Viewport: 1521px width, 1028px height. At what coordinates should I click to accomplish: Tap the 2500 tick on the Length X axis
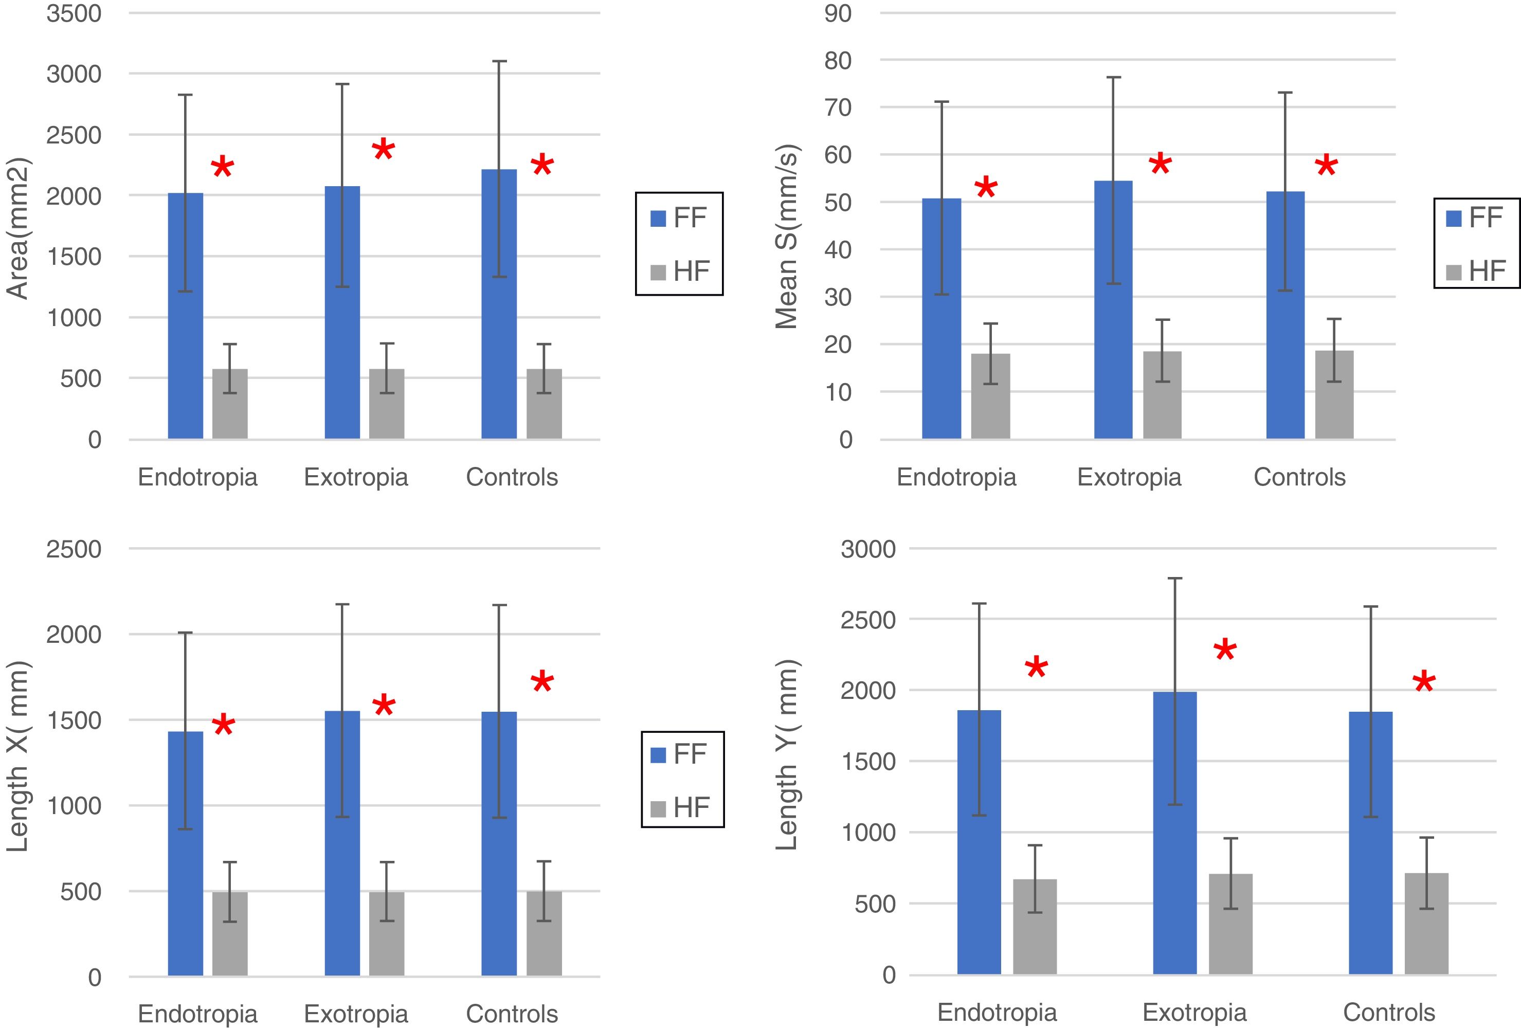74,549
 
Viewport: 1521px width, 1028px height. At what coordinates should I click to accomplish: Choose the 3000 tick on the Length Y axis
868,549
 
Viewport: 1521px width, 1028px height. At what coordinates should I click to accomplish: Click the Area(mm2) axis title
17,228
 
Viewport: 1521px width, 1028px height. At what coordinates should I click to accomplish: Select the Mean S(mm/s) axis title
787,236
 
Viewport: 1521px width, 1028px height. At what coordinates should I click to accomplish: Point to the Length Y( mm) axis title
787,754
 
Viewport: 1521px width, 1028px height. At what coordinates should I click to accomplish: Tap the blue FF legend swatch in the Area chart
658,218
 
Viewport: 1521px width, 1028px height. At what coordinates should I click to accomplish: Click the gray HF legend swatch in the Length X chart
658,809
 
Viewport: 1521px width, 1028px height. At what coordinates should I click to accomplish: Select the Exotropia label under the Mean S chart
1129,477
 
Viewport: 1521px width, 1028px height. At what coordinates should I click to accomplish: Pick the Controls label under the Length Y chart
1389,1012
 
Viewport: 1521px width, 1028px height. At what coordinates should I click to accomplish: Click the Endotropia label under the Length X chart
197,1014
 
